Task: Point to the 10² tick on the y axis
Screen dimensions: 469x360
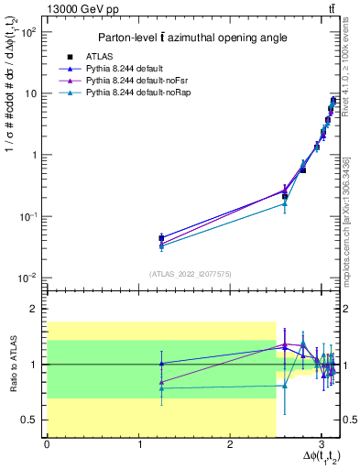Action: pos(29,32)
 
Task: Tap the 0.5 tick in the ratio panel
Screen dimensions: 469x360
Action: pos(31,420)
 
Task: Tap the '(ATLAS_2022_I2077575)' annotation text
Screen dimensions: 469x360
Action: pos(191,273)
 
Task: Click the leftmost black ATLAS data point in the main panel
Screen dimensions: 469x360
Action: pos(161,238)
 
